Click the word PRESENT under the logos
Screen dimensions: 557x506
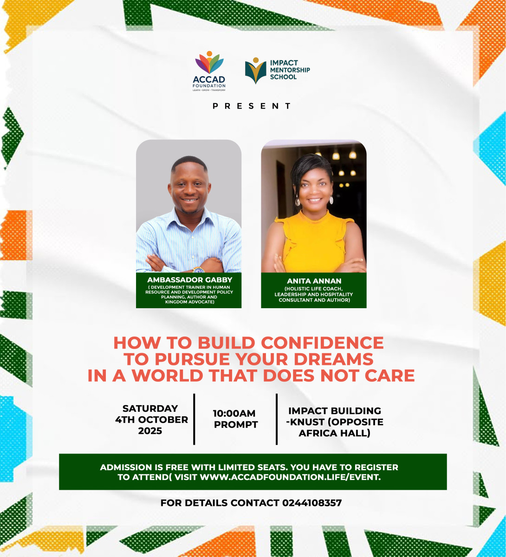pyautogui.click(x=252, y=106)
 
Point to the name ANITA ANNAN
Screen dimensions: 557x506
pyautogui.click(x=313, y=281)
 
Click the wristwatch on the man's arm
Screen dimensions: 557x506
pyautogui.click(x=199, y=270)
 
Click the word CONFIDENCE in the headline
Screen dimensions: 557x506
pyautogui.click(x=322, y=343)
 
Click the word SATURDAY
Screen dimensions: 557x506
pyautogui.click(x=150, y=408)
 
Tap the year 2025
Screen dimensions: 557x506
pyautogui.click(x=150, y=431)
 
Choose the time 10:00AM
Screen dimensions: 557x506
pyautogui.click(x=234, y=413)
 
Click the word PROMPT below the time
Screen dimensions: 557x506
pyautogui.click(x=236, y=425)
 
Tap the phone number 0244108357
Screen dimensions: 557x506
pyautogui.click(x=311, y=503)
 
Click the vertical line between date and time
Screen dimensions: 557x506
pyautogui.click(x=194, y=419)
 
